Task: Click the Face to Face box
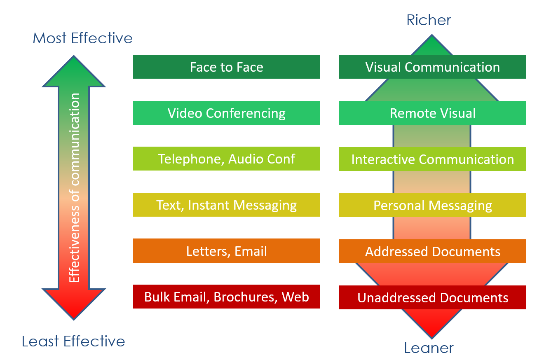226,67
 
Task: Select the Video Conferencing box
226,113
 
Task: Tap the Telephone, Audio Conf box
226,159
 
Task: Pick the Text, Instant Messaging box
226,205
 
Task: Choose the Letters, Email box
226,251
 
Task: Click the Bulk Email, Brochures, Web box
226,297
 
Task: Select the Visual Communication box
432,67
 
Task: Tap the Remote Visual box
432,113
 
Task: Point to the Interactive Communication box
432,159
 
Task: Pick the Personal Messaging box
432,205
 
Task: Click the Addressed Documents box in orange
432,251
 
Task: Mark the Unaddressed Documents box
432,297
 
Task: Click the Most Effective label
82,38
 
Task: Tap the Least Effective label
73,341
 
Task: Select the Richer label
429,20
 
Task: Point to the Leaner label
429,348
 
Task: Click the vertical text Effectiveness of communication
74,187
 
